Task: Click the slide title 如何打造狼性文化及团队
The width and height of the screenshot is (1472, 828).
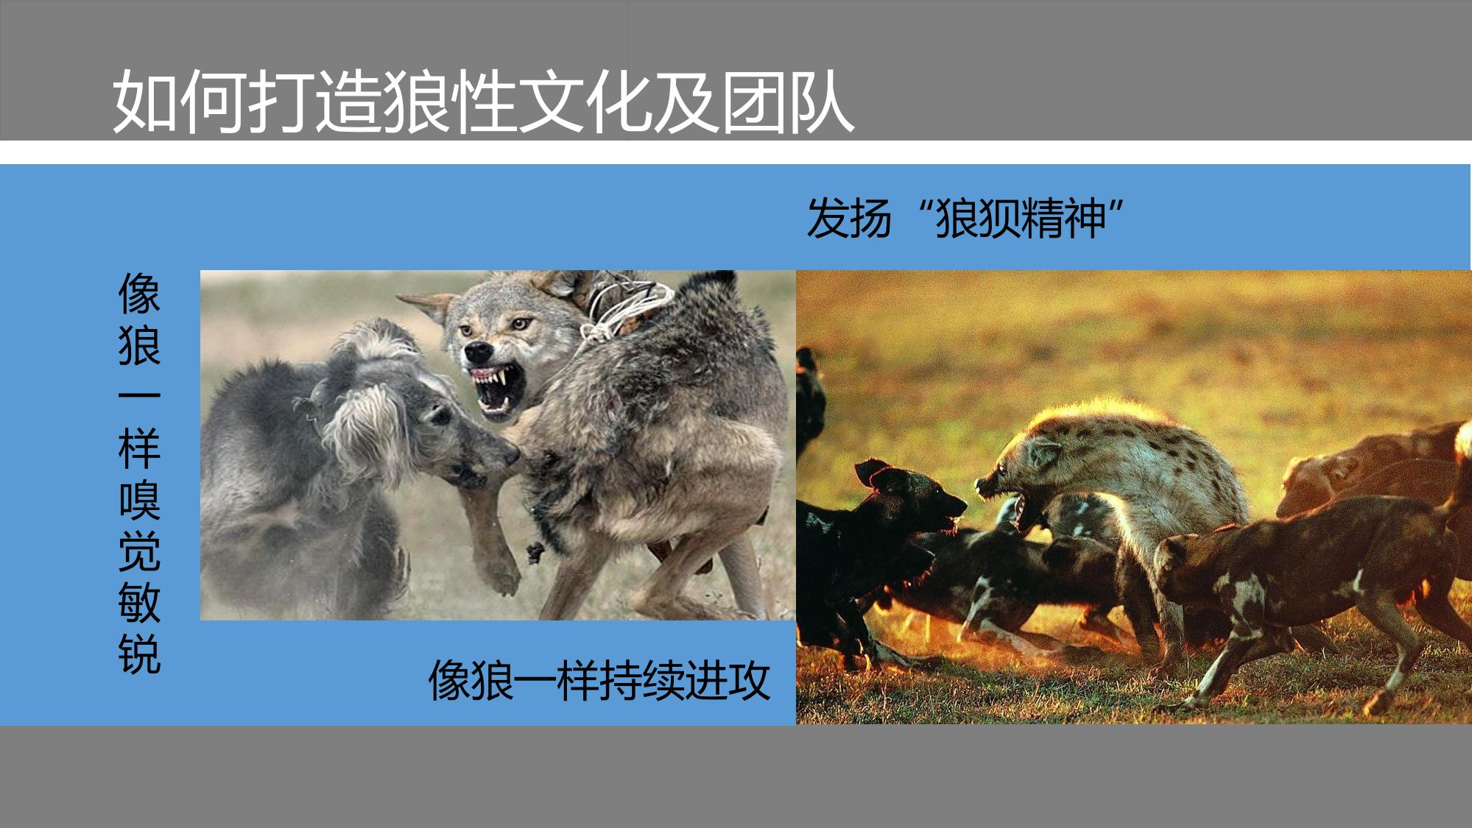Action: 483,102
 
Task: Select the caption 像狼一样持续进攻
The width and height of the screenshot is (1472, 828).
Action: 599,682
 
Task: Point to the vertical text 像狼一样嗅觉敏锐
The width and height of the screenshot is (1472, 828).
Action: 139,473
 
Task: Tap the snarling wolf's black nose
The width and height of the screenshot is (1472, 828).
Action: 474,350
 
